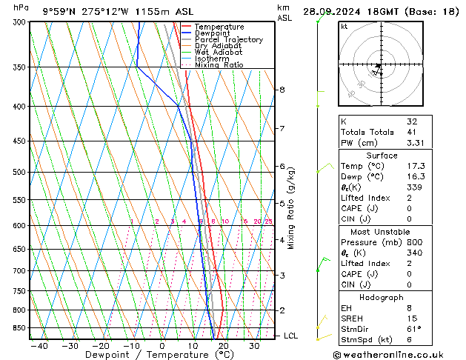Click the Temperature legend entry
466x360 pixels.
coord(220,27)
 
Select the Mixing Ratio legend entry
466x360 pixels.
coord(219,65)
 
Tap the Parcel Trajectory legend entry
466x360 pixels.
coord(228,40)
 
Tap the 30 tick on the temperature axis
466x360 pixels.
coord(253,346)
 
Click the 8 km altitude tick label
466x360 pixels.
coord(282,90)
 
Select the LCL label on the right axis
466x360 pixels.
coord(291,336)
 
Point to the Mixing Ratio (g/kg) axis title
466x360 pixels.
coord(291,207)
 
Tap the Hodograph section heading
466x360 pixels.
coord(382,296)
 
